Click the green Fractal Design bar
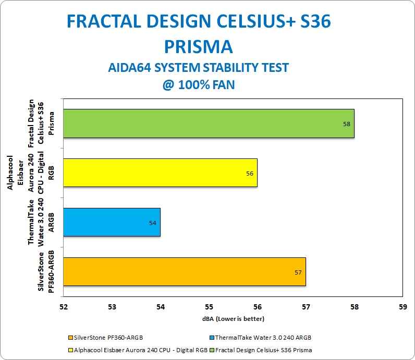pos(209,123)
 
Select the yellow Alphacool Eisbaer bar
pos(161,173)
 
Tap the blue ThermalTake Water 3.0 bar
pos(112,222)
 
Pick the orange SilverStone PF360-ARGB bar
pos(185,271)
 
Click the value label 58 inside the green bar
pos(347,124)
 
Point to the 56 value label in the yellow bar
pos(250,173)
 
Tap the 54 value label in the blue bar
pos(153,223)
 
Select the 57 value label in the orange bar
pos(298,272)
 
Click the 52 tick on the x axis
pos(64,307)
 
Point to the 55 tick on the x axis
pos(209,307)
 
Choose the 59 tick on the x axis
pos(403,307)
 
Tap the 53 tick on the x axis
pos(112,307)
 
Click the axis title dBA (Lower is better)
pos(233,319)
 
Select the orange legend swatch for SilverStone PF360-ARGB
pos(70,338)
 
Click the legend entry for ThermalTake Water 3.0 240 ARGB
pos(261,338)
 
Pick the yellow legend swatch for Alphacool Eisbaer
pos(70,350)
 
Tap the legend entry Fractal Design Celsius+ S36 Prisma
pos(261,350)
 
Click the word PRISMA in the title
pos(199,47)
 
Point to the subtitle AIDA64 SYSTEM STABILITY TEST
pos(199,67)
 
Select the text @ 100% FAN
pos(199,85)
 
